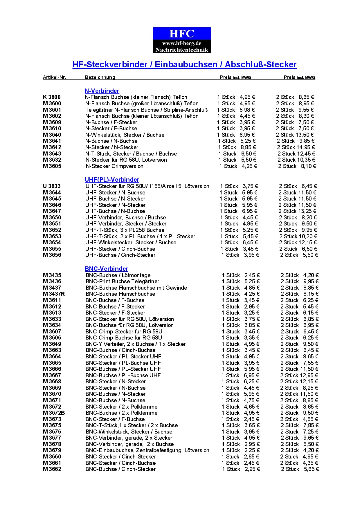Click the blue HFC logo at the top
click(182, 40)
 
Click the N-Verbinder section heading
click(102, 91)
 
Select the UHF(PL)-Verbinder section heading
click(112, 180)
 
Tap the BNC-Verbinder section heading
click(106, 269)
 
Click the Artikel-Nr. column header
click(54, 77)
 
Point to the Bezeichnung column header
click(100, 77)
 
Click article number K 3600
click(52, 97)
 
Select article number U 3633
click(52, 186)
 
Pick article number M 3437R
click(54, 294)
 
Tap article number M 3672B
click(54, 413)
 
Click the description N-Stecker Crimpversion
click(114, 166)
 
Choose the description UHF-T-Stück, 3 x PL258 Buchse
click(125, 230)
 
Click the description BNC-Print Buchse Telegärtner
click(122, 281)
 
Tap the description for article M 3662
click(120, 469)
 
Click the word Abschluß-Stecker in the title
click(261, 64)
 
